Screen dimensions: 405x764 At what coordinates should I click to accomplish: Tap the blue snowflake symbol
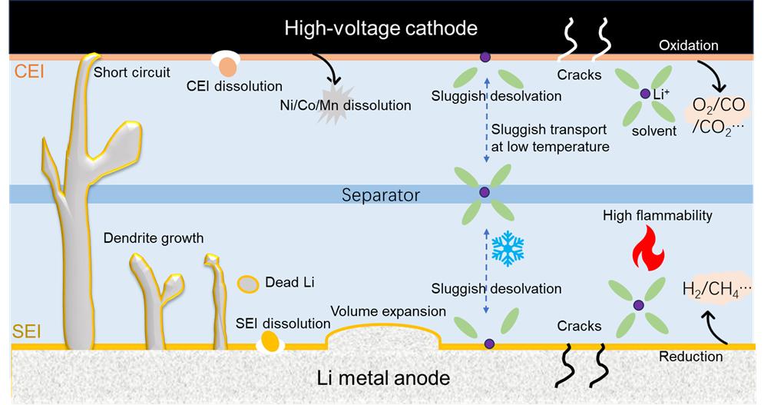[x=507, y=247]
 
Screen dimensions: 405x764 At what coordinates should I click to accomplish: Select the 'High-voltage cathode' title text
[x=381, y=28]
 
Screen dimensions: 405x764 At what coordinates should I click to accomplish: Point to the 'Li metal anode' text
[x=383, y=378]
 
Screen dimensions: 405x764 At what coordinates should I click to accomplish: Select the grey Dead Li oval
[x=248, y=284]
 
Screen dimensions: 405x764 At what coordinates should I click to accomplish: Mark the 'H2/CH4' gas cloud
[x=715, y=290]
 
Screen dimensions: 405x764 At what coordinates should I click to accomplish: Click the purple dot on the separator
[x=485, y=193]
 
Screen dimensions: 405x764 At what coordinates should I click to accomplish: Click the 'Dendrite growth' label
[x=154, y=237]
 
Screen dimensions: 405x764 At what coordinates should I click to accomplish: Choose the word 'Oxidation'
[x=688, y=45]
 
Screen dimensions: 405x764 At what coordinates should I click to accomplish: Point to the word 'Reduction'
[x=691, y=356]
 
